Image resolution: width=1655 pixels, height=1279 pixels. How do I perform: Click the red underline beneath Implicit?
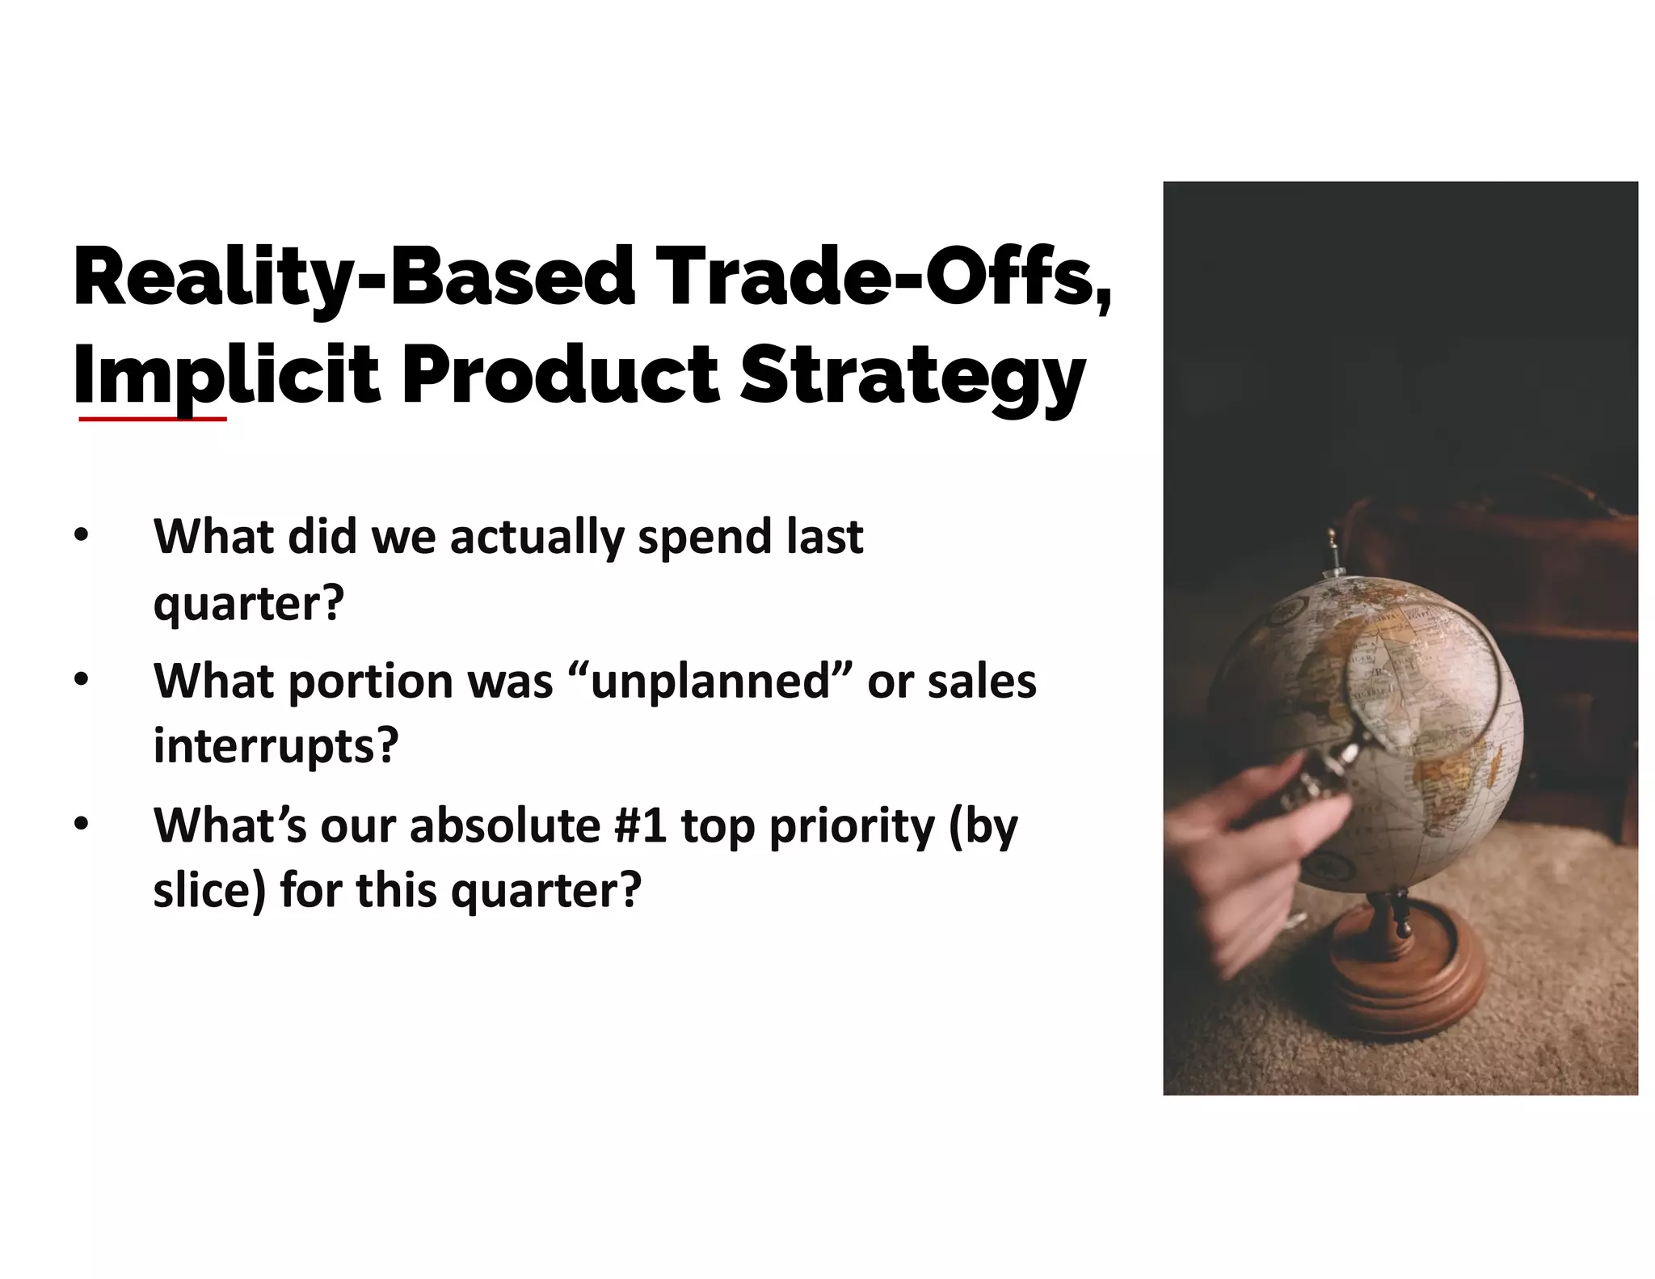153,420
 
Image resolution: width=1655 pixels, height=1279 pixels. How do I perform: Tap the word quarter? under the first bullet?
249,603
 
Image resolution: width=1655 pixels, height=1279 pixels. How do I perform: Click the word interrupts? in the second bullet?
276,745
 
